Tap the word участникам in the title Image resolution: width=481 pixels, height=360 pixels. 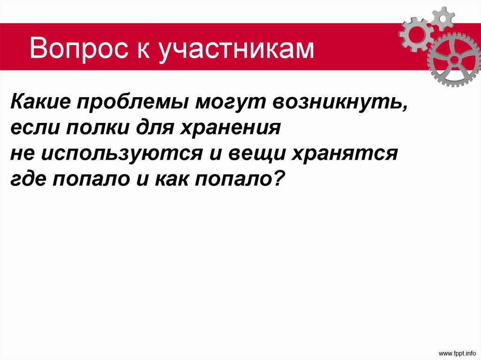pos(236,49)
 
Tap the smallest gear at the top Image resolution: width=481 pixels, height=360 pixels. pos(442,17)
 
